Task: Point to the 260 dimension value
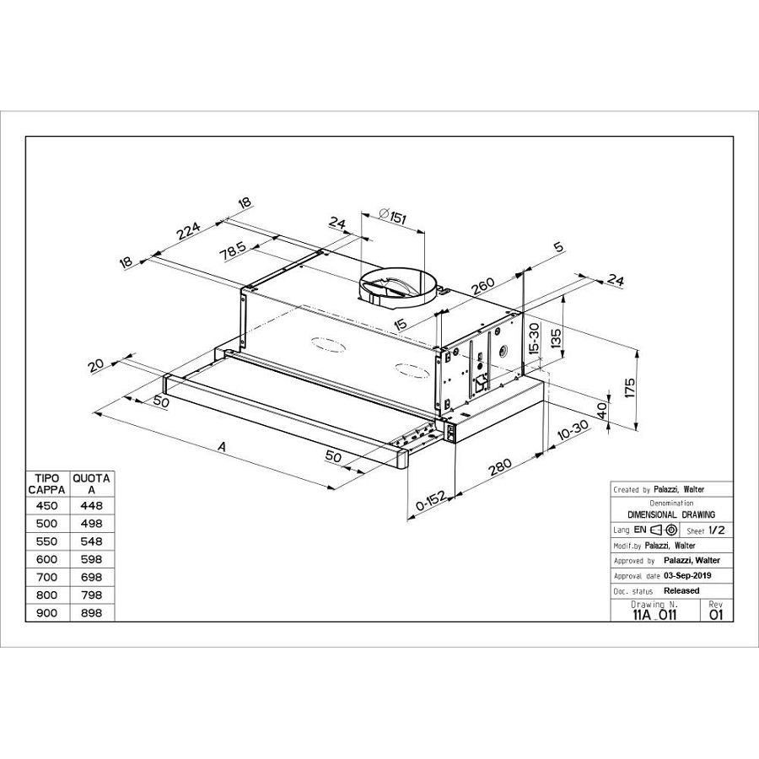tap(483, 287)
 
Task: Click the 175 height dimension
tap(629, 389)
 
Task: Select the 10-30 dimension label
tap(573, 432)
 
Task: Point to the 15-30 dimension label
tap(533, 338)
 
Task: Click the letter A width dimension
tap(222, 448)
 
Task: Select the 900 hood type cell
tap(47, 612)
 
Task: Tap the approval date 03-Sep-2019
tap(687, 575)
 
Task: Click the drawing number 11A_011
tap(654, 615)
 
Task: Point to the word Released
tap(681, 590)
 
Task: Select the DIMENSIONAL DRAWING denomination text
tap(672, 514)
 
